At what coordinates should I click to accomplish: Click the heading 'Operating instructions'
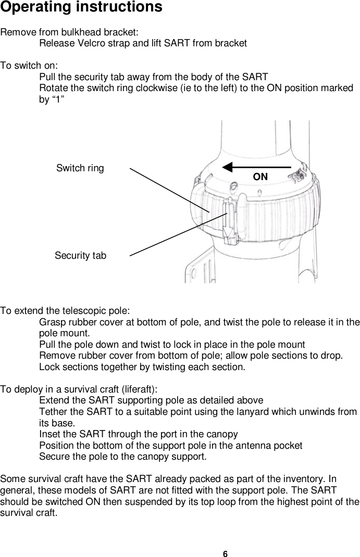(81, 8)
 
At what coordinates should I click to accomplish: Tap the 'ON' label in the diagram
(260, 177)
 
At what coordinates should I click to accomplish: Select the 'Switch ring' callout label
(80, 168)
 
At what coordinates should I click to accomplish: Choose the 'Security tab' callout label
(80, 256)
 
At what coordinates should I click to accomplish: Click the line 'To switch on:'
(29, 66)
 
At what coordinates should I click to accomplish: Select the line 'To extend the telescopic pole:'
(65, 311)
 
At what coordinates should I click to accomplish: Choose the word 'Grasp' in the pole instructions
(53, 322)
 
